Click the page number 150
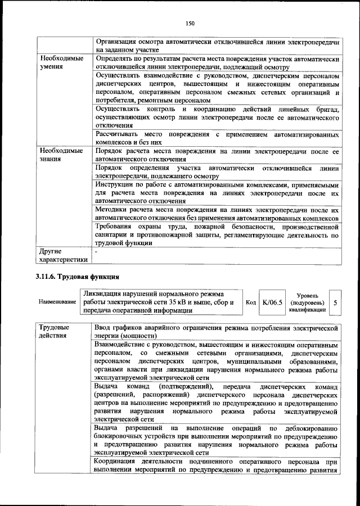[x=190, y=23]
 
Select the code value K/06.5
[x=272, y=302]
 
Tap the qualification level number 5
[x=335, y=302]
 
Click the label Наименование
[x=57, y=302]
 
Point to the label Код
[x=251, y=302]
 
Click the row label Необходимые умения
[x=61, y=63]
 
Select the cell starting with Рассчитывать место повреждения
[x=217, y=139]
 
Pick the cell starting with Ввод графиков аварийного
[x=217, y=331]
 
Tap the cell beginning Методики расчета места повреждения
[x=217, y=213]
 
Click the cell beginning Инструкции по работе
[x=217, y=192]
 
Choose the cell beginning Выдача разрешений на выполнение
[x=217, y=440]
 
